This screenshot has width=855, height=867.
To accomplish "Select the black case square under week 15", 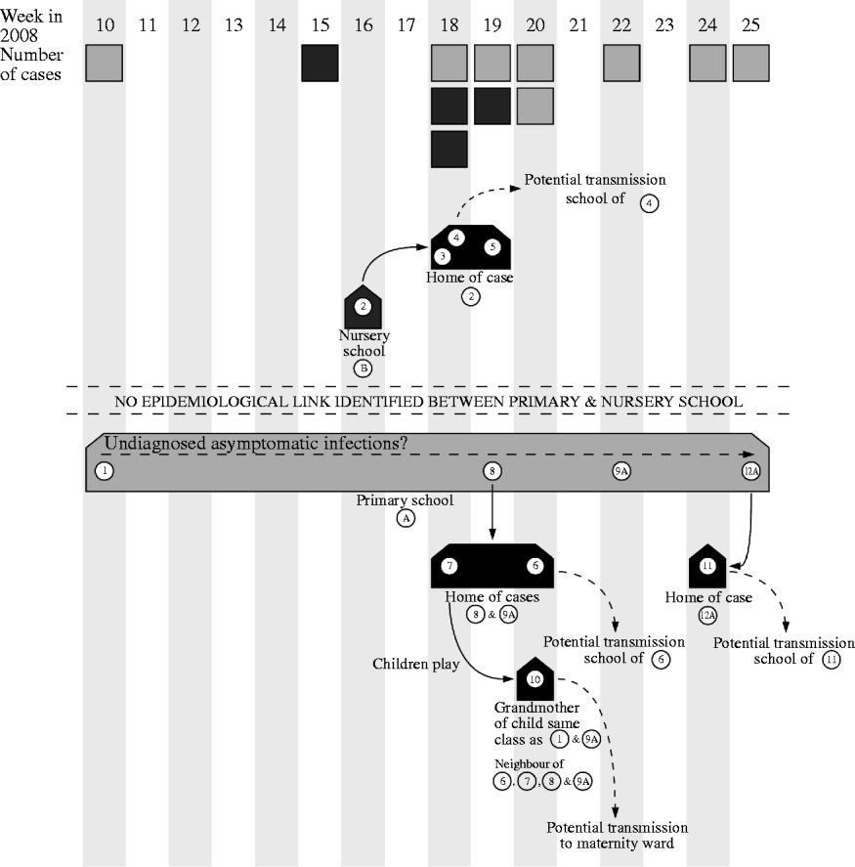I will [320, 63].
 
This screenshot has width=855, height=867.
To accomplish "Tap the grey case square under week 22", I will [621, 63].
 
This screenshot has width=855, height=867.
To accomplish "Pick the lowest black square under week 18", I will [449, 149].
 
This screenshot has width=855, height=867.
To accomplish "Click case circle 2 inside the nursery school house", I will [363, 307].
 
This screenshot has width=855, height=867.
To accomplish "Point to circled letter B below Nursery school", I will [363, 368].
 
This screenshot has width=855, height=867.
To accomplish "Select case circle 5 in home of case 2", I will [492, 246].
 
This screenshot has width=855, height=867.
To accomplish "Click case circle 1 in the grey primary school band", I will [104, 471].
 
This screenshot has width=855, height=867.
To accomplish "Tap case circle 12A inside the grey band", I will [750, 471].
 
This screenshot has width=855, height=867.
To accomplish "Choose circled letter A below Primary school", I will [406, 519].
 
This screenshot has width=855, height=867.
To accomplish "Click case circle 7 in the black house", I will [449, 566].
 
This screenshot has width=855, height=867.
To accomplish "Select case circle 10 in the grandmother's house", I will [534, 679].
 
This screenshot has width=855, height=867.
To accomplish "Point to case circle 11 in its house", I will [707, 565].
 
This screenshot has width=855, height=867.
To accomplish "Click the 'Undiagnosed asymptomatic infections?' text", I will [256, 444].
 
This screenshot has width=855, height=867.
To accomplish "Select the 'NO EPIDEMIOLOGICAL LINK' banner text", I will [426, 401].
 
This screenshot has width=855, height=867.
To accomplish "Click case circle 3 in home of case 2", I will [443, 256].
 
